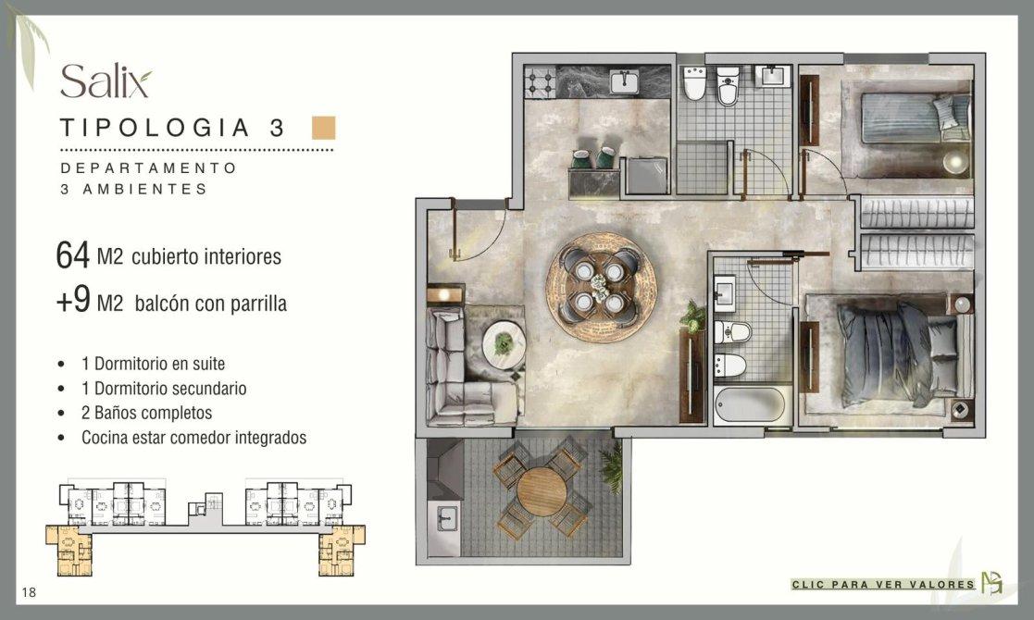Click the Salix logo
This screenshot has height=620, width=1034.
(106, 81)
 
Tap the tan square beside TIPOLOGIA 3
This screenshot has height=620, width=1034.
(324, 128)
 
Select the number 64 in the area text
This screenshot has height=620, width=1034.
(72, 255)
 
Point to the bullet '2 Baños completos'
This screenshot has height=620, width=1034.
(146, 413)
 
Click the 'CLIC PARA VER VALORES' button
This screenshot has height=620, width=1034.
(883, 585)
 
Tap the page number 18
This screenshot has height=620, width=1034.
(29, 592)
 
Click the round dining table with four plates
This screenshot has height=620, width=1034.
(601, 287)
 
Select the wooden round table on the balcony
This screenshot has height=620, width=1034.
(542, 490)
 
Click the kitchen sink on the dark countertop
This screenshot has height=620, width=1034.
(624, 81)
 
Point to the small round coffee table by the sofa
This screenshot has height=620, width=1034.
(504, 342)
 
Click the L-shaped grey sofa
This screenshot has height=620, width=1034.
(462, 366)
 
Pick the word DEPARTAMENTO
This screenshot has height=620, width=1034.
(148, 168)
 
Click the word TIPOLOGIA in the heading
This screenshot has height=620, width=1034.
(155, 127)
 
